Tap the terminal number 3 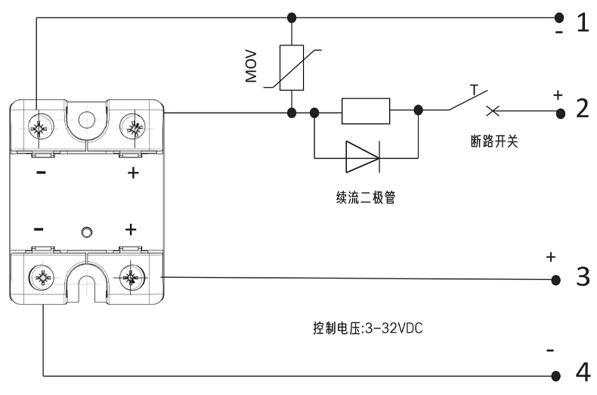(x=583, y=276)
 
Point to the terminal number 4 (x=583, y=373)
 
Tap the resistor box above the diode (x=365, y=111)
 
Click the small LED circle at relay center (x=86, y=231)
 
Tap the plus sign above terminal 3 (x=550, y=257)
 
